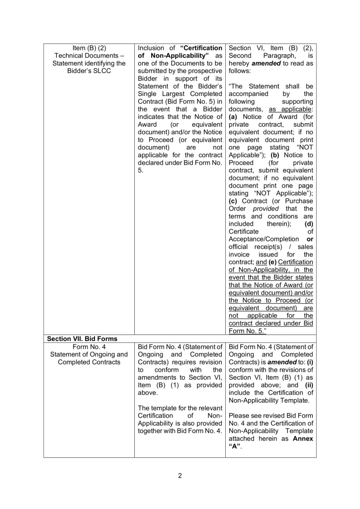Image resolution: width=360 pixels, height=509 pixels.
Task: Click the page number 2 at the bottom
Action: tap(180, 475)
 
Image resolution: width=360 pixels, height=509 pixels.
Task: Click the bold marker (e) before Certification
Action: tap(265, 262)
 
